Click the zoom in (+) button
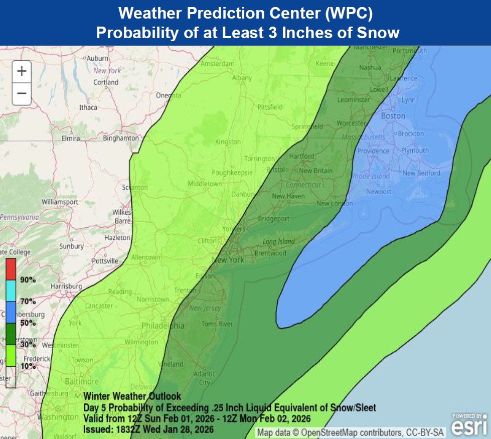coord(22,71)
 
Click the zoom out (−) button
coord(22,93)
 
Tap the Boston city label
coord(393,116)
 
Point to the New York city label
coord(228,260)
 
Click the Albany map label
coord(242,78)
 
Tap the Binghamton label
coord(121,138)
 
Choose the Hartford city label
coord(301,156)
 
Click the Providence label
coord(373,151)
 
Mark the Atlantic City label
coord(204,378)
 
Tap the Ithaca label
coord(88,107)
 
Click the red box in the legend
coord(11,269)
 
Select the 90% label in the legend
coord(28,279)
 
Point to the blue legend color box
coord(11,312)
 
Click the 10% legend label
coord(28,366)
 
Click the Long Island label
coord(278,242)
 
